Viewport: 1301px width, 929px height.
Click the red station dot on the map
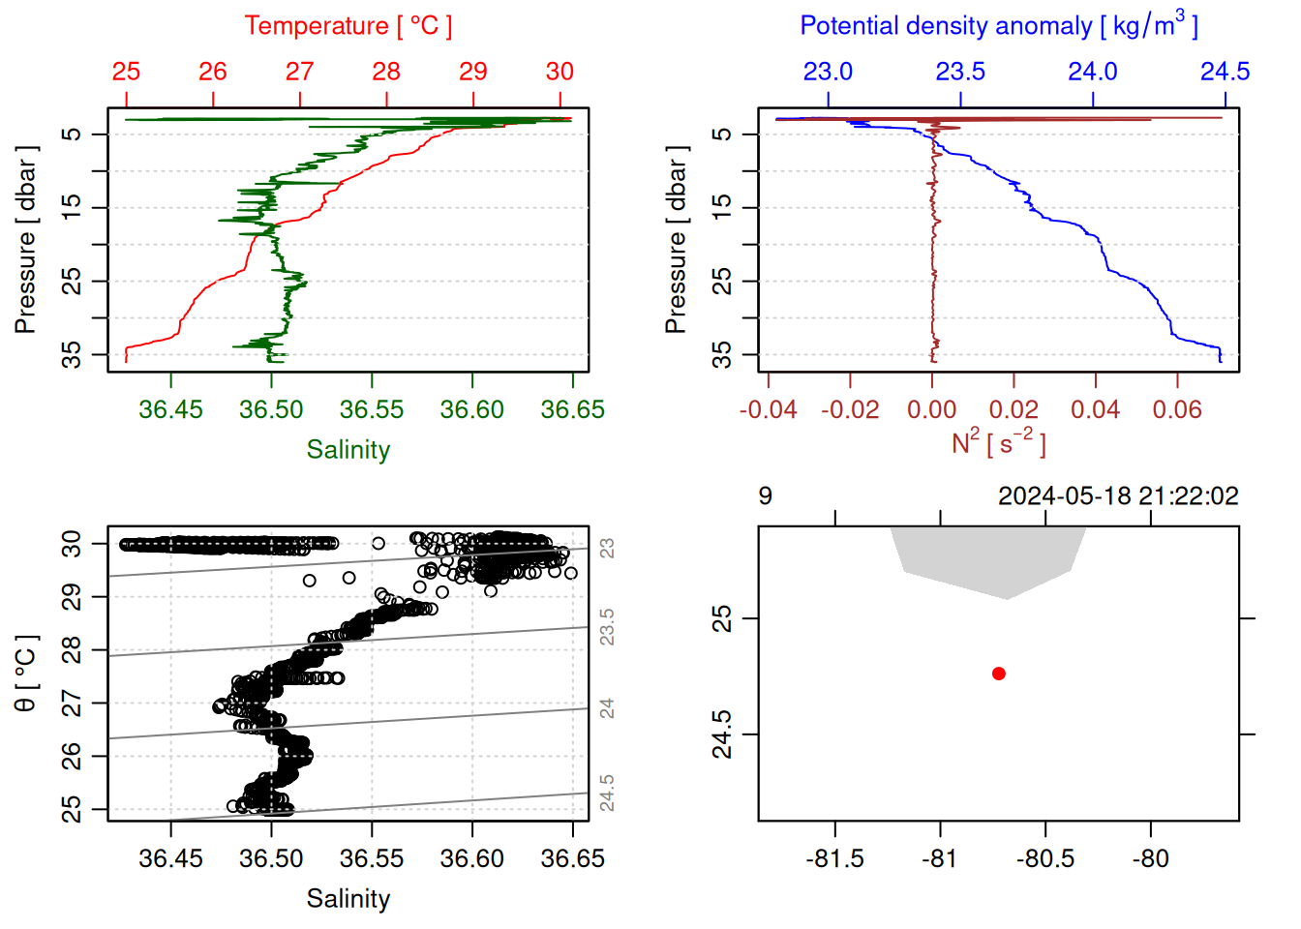(998, 674)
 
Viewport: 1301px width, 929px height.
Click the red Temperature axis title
(348, 26)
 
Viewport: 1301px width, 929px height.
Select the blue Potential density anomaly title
(998, 25)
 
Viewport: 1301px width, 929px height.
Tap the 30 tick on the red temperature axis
(560, 72)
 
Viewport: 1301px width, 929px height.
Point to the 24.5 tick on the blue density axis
(1225, 72)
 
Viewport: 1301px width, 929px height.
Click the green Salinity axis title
(348, 450)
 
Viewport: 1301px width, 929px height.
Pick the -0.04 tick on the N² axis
(768, 410)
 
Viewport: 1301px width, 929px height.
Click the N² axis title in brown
(998, 442)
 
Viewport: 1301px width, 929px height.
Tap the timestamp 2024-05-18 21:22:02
(1118, 496)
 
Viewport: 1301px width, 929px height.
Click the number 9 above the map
(766, 496)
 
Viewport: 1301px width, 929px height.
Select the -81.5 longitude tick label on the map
(834, 859)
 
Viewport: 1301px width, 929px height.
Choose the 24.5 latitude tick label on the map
(722, 734)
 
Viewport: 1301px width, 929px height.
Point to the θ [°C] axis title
(26, 674)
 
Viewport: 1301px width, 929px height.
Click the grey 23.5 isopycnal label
(607, 627)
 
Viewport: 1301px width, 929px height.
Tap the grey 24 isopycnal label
(607, 708)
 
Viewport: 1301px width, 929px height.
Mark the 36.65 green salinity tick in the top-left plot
(572, 410)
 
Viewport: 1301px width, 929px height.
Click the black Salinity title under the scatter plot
(348, 899)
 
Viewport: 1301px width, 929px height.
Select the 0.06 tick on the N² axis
(1177, 410)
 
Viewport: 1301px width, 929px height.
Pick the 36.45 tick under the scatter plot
(170, 859)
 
